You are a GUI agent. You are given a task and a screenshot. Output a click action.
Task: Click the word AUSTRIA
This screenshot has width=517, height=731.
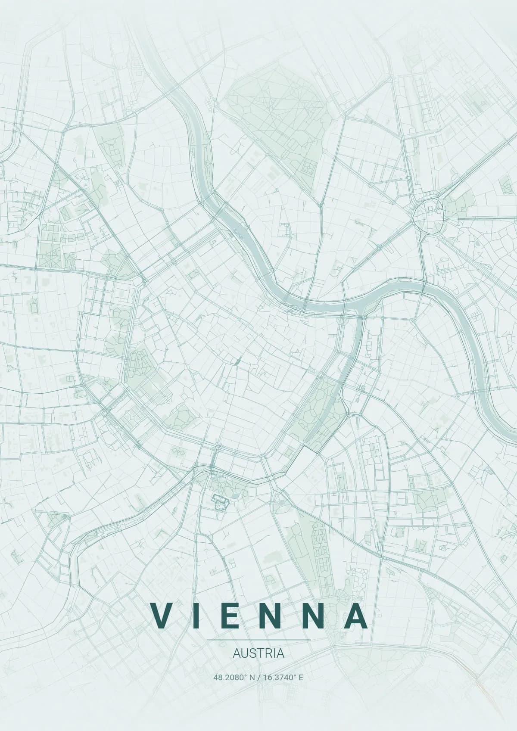(x=258, y=653)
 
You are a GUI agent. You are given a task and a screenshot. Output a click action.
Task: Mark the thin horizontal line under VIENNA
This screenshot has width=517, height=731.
(x=258, y=640)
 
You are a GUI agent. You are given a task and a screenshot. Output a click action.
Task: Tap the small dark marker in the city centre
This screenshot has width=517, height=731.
(x=237, y=362)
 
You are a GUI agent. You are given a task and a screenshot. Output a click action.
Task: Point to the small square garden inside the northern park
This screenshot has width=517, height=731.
(x=308, y=166)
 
